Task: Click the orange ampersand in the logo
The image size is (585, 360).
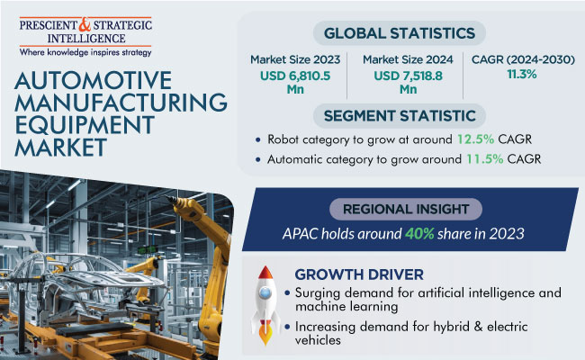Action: click(x=85, y=24)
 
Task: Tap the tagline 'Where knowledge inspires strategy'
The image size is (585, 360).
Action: click(x=85, y=52)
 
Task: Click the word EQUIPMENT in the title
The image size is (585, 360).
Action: click(x=85, y=124)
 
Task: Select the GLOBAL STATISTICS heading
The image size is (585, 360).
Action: click(x=400, y=33)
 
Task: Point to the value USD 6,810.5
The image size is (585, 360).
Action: click(x=295, y=76)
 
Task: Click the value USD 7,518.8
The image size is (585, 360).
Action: click(x=409, y=76)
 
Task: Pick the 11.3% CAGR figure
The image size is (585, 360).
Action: click(x=522, y=74)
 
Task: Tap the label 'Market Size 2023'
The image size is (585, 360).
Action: click(x=295, y=59)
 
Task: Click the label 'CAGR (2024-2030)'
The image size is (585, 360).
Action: click(x=523, y=59)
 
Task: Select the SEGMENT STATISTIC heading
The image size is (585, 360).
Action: click(x=400, y=115)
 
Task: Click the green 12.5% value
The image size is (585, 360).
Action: click(x=476, y=139)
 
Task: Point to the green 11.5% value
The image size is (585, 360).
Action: click(x=484, y=159)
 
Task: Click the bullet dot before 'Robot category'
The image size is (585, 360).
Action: click(x=257, y=139)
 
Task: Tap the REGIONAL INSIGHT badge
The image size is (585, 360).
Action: click(x=406, y=209)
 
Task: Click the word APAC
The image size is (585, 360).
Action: click(x=301, y=234)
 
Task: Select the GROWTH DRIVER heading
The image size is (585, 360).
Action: click(x=359, y=274)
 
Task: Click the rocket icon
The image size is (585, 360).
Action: click(x=265, y=305)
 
